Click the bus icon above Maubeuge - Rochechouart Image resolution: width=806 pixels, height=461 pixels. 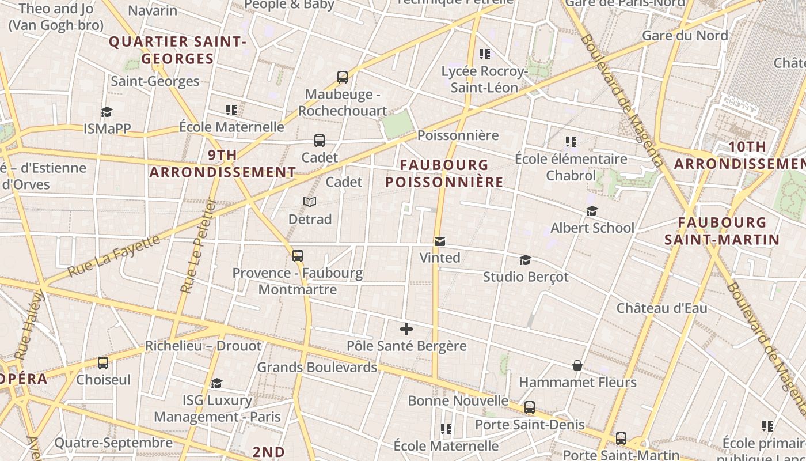coord(343,77)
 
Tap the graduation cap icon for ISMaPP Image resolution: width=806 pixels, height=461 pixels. coord(107,112)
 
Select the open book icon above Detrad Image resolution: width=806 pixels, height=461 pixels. coord(310,202)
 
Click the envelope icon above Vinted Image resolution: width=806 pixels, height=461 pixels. coord(440,241)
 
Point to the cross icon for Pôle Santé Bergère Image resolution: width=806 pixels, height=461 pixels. coord(406,329)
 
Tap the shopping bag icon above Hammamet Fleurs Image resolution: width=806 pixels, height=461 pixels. coord(577,365)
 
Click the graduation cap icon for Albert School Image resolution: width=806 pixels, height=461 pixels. coord(592,211)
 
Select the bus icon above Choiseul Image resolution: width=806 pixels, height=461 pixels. coord(103,363)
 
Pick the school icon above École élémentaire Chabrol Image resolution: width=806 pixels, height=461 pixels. coord(571,141)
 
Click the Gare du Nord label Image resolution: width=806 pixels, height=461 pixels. coord(685,35)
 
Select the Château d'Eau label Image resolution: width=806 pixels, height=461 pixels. coord(662,308)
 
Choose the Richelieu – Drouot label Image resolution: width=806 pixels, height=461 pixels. coord(203,346)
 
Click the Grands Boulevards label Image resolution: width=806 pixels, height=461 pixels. coord(317,367)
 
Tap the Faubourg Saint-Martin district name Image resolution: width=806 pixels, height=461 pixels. coord(722,231)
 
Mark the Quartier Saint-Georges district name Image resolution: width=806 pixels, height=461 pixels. coord(177,50)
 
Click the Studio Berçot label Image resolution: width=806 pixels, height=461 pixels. coord(526,277)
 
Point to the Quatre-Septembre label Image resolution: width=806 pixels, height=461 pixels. coord(113,443)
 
